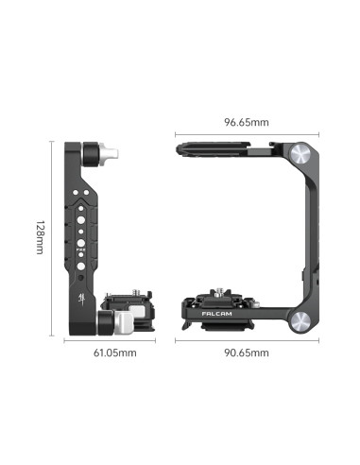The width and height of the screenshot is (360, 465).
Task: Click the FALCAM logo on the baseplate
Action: [x=219, y=307]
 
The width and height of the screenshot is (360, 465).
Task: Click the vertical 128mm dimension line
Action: [x=49, y=236]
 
